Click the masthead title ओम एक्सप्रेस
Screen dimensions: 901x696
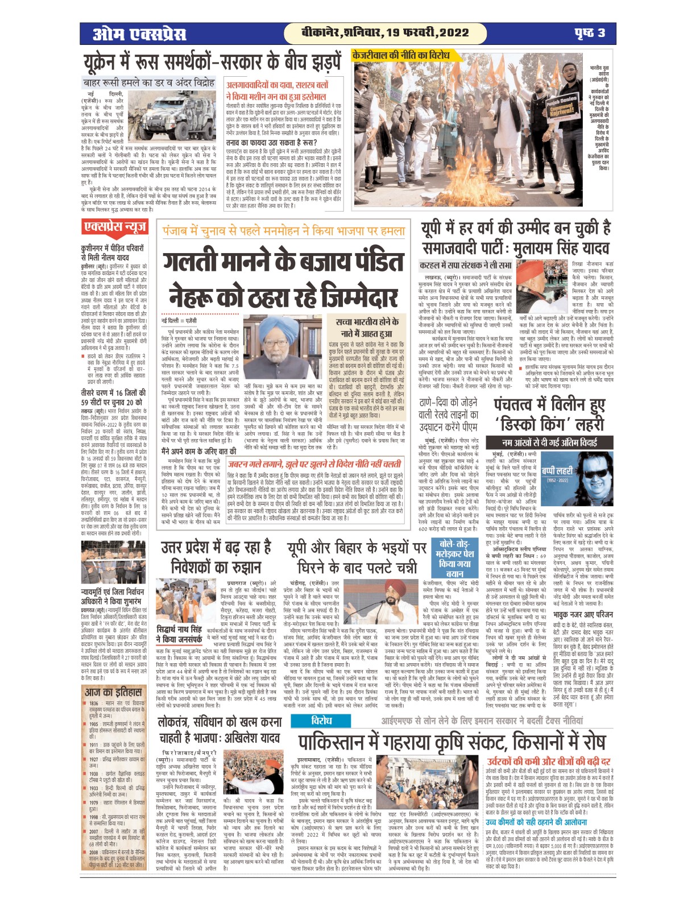click(140, 34)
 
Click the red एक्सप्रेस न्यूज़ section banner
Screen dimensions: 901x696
click(114, 228)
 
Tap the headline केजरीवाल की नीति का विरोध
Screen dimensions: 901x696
click(400, 55)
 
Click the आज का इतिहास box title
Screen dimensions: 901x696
click(113, 692)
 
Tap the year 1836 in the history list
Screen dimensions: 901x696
click(94, 704)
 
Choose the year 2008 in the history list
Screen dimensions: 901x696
click(94, 852)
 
